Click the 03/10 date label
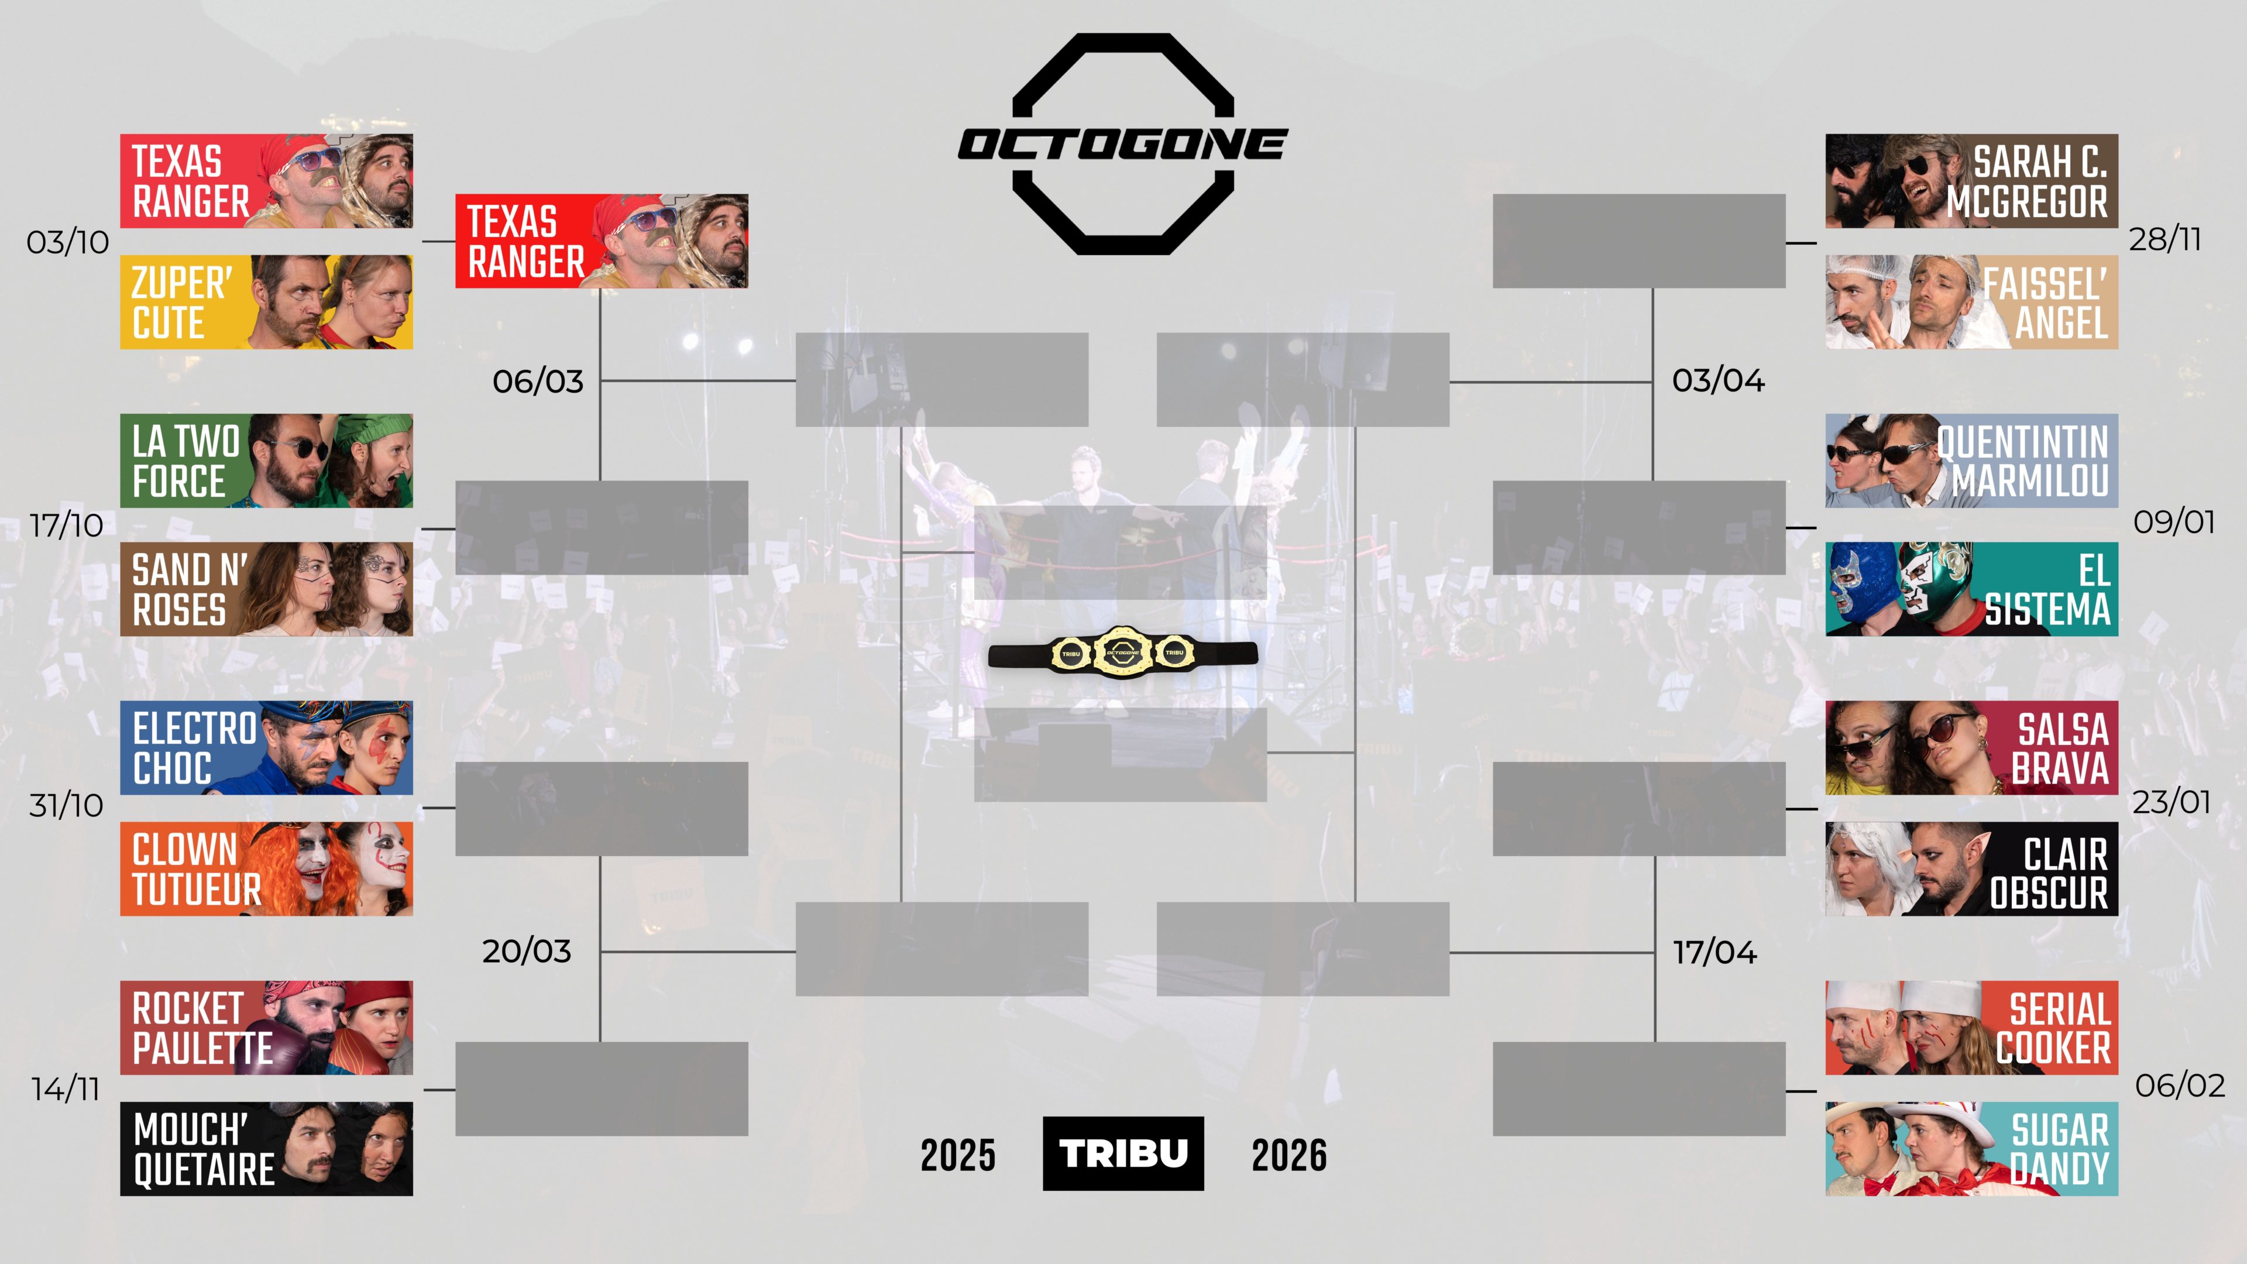coord(67,242)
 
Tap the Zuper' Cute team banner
coord(266,302)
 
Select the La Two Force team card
coord(266,461)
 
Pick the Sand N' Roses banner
coord(266,589)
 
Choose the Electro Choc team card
coord(266,748)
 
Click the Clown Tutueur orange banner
coord(266,869)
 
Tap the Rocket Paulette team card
coord(266,1028)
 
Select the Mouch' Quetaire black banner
coord(266,1149)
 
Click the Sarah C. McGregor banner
coord(1971,181)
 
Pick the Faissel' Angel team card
coord(1971,302)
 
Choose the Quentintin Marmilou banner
coord(1971,461)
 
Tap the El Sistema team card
coord(1971,589)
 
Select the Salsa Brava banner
coord(1971,748)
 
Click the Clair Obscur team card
coord(1971,869)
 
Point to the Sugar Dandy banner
coord(1971,1149)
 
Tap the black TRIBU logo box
coord(1123,1153)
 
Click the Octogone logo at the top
coord(1123,144)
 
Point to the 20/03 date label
coord(527,951)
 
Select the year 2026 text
coord(1289,1155)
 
